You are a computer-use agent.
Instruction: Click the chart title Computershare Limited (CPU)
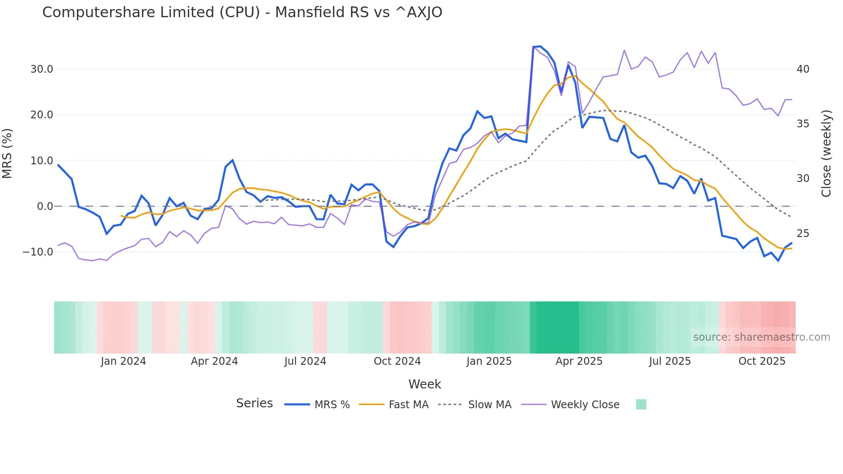coord(242,12)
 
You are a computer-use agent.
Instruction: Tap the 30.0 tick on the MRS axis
coord(42,69)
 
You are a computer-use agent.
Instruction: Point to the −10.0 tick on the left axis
coord(38,252)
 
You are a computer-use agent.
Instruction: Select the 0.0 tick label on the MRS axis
coord(45,206)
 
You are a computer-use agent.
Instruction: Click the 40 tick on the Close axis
coord(803,69)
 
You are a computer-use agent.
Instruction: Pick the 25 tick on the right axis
coord(803,234)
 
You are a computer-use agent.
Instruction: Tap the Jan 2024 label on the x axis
coord(123,361)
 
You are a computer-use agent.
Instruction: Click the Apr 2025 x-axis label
coord(579,361)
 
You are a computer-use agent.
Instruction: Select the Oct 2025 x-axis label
coord(762,361)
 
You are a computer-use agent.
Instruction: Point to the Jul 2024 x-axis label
coord(305,361)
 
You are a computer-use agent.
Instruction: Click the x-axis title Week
coord(425,384)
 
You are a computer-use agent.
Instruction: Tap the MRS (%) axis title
coord(7,154)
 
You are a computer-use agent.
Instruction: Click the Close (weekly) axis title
coord(826,154)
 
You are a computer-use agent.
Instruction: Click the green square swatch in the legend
coord(641,404)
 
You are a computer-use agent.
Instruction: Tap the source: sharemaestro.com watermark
coord(761,337)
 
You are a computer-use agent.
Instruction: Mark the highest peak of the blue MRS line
coord(540,46)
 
